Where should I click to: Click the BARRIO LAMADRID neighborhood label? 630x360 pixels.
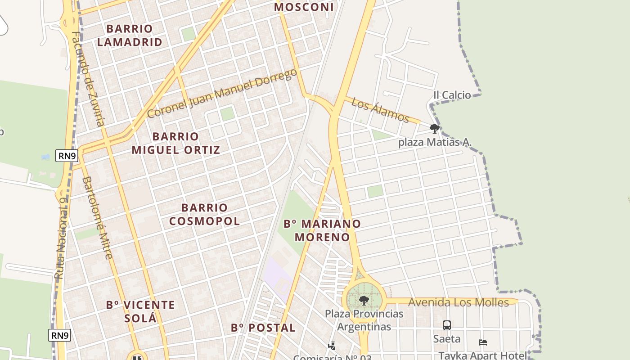(x=130, y=36)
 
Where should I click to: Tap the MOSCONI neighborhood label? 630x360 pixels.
(x=304, y=7)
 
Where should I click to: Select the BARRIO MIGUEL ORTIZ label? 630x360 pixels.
(x=175, y=143)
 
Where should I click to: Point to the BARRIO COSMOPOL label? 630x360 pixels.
(x=204, y=214)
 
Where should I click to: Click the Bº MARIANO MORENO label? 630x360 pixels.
(x=322, y=230)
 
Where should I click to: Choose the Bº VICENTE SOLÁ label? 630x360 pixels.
(x=140, y=311)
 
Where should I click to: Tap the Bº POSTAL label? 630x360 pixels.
(x=263, y=328)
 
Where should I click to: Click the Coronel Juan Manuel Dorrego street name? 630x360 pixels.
(x=222, y=93)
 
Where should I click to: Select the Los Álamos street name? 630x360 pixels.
(x=380, y=110)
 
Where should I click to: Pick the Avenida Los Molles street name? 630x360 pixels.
(x=458, y=302)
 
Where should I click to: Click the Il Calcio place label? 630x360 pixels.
(x=452, y=95)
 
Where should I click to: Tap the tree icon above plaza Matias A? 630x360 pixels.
(x=434, y=129)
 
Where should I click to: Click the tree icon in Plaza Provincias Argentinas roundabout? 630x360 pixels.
(x=364, y=300)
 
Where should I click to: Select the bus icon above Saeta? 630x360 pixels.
(x=447, y=325)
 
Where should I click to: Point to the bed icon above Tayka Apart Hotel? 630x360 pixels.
(x=483, y=342)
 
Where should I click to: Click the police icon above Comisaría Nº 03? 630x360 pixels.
(x=332, y=346)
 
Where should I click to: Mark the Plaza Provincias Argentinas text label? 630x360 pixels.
(x=364, y=319)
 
